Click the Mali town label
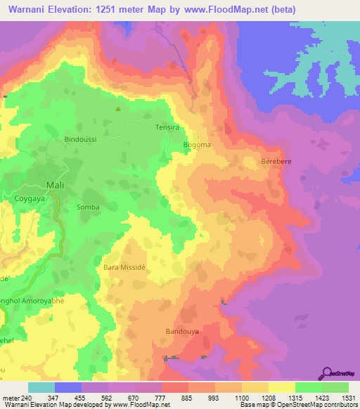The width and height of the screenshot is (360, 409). [x=54, y=185]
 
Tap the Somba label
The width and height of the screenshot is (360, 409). [x=87, y=207]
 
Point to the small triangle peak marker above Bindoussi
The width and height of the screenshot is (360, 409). [x=118, y=109]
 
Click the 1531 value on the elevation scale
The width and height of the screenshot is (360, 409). [x=349, y=397]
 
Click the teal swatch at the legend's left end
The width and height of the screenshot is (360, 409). [x=41, y=387]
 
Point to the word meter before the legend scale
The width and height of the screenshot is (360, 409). [x=11, y=397]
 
